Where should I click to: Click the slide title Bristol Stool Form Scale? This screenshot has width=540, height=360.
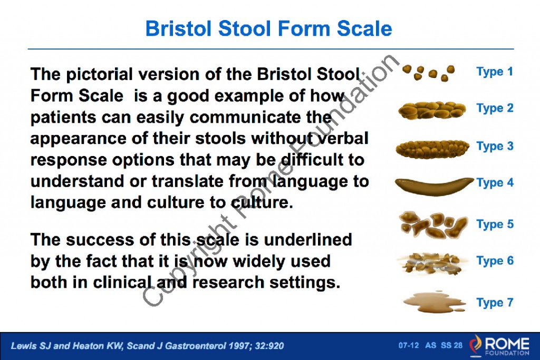coord(269,28)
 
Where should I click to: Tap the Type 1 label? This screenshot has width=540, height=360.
coord(494,72)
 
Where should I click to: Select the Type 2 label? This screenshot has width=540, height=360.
coord(494,109)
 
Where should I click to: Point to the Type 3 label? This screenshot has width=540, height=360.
coord(494,146)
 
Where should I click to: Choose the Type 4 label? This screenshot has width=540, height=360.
coord(494,183)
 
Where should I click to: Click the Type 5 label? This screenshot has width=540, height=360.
coord(494,224)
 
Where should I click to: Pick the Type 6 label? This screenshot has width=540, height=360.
coord(494,261)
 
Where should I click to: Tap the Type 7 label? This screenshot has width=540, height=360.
coord(494,303)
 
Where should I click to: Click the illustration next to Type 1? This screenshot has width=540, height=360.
coord(429,73)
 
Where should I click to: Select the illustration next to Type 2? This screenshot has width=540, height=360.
coord(432,110)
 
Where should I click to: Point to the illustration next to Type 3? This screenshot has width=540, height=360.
coord(432,148)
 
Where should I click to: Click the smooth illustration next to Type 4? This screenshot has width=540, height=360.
coord(433,185)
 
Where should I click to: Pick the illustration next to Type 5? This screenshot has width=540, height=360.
coord(433,225)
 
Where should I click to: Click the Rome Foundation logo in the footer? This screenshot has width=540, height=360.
coord(498,345)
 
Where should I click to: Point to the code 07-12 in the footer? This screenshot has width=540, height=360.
coord(409,346)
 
